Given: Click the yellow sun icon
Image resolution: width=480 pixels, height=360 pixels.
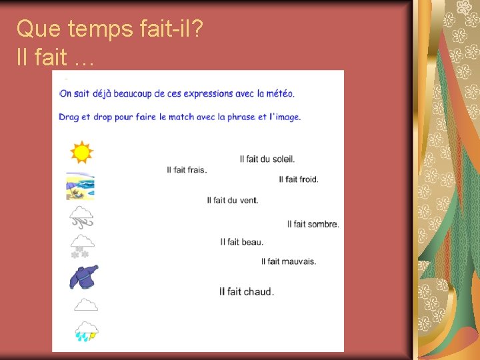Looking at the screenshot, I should coord(81,153).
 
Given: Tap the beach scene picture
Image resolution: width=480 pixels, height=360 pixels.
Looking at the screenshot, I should coord(80,186).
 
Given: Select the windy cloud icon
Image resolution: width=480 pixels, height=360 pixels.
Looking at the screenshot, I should coord(82,217).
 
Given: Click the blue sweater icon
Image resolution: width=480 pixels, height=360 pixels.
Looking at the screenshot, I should coord(84,276).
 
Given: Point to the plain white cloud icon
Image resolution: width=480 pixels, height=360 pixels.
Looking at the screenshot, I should coord(86,305).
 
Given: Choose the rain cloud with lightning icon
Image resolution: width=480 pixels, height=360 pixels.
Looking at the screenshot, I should coord(86,331).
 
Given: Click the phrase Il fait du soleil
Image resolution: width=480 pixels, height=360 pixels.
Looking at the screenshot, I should coord(267,159).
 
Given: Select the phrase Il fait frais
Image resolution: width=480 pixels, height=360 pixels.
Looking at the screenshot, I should coord(187,170).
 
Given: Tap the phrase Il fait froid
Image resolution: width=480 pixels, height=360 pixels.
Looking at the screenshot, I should coord(298,179).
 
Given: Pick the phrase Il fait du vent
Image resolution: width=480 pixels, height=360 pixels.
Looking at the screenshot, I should coord(232,200).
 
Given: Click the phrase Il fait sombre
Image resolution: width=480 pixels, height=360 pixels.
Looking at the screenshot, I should coord(313,224).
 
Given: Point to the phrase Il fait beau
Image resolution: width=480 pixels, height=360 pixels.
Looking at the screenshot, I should coord(241,241).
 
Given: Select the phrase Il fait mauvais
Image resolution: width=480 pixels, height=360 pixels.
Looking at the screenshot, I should coord(288,261).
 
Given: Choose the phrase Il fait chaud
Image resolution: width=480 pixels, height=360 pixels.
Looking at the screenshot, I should coord(246,291).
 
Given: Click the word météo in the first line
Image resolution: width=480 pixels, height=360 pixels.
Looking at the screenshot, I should coord(280,94).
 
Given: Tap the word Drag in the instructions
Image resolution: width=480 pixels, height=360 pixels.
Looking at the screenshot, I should coord(69,117).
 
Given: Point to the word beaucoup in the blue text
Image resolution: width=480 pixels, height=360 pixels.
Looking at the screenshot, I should coord(130,94).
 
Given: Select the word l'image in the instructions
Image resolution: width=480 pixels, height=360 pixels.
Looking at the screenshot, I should coord(285,117).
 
